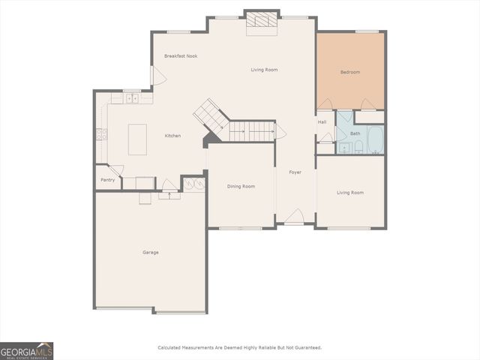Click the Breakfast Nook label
coord(181,56)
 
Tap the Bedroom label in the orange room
coord(350,72)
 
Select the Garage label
coord(151,252)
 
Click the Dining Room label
coord(241,186)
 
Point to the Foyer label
coord(295,172)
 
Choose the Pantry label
coord(107,180)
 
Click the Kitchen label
coord(173,136)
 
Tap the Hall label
coord(322,122)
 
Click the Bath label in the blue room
coord(355,133)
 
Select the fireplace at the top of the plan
coord(262,22)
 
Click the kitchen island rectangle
coord(138,139)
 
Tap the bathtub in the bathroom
coord(375,139)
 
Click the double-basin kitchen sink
coord(131,97)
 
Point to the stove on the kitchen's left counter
coord(100,134)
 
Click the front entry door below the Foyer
coord(294,217)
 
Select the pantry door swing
coord(115,171)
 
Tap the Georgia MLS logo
coord(27,351)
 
